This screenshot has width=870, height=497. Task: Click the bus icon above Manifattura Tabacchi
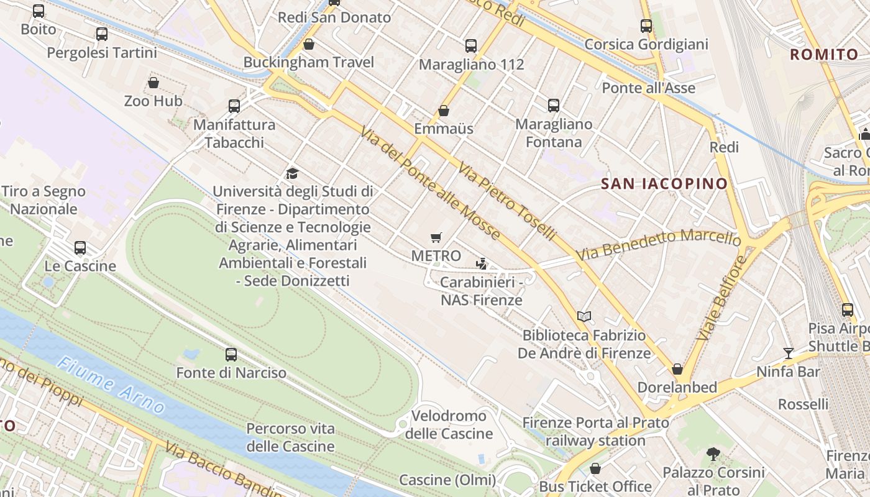coord(234,106)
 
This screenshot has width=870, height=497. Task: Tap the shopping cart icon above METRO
coord(436,237)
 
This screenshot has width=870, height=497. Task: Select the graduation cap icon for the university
coord(292,173)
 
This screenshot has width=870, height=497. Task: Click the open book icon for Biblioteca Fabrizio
coord(584,317)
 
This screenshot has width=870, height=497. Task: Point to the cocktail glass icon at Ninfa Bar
coord(789,353)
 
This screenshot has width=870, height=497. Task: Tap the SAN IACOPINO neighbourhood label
coord(664,183)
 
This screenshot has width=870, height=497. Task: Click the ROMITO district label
coord(824,55)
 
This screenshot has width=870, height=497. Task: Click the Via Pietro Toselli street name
coord(507,201)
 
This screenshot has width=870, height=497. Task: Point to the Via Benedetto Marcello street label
coord(658,245)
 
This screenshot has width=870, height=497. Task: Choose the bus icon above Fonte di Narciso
coord(231,355)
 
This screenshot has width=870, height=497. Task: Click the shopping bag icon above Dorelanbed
coord(677,369)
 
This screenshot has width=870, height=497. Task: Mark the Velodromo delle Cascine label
coord(449,424)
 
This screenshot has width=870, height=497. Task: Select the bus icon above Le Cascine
coord(80,248)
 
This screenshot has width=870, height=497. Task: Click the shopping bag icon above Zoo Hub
coord(153,83)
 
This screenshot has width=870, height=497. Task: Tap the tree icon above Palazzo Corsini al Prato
coord(713,454)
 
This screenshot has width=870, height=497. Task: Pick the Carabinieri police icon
coord(481,264)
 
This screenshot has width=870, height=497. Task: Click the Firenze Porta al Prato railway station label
coord(595,432)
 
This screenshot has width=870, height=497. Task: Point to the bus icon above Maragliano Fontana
coord(554,106)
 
